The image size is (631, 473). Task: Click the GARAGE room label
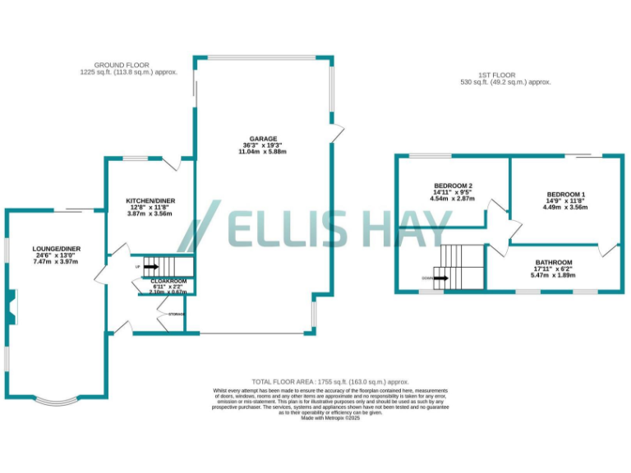[264, 139]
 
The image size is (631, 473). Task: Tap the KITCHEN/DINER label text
[150, 200]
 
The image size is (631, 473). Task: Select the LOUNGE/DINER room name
[56, 248]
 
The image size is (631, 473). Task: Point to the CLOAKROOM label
[168, 282]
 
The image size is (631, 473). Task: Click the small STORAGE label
[177, 315]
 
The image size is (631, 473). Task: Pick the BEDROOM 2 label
[452, 185]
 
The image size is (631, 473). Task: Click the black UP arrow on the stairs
[150, 267]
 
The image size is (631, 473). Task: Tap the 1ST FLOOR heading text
[499, 76]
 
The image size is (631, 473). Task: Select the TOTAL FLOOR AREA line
[330, 382]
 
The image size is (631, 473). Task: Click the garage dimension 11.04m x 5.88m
[264, 153]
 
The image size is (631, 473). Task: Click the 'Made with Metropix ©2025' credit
[330, 418]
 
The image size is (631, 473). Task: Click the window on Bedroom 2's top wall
[431, 155]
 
